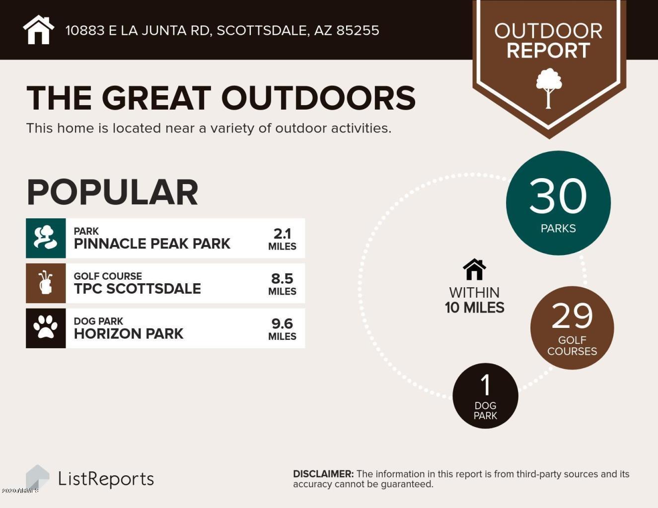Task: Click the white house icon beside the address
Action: tap(38, 30)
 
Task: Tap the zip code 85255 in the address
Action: tap(358, 31)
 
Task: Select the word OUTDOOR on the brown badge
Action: tap(548, 31)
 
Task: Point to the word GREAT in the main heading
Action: tap(156, 98)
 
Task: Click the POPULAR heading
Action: tap(112, 192)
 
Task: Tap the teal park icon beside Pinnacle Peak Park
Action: tap(46, 238)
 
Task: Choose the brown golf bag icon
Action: tap(46, 283)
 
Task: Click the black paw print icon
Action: tap(46, 328)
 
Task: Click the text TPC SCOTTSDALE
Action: tap(137, 289)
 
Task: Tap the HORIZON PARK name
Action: tap(129, 334)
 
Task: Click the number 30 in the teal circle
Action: tap(558, 196)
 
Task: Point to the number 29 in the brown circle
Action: tap(572, 316)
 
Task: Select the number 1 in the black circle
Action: tap(486, 385)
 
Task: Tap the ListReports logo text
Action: tap(106, 479)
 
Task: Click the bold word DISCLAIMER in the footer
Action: tap(323, 474)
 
